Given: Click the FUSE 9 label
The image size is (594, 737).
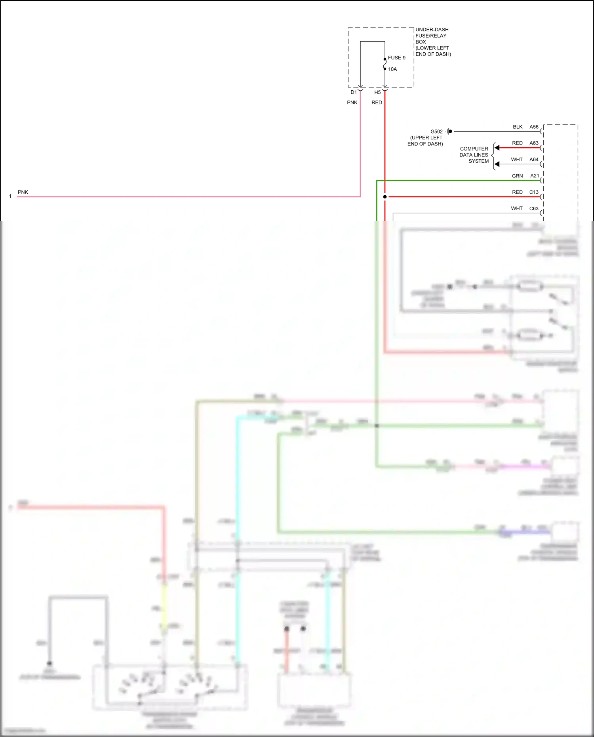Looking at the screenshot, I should (396, 58).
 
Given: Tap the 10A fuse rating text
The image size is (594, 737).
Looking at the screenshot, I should (392, 69).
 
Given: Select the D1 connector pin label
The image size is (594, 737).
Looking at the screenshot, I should (354, 92).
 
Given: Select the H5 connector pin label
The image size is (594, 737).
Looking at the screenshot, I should (377, 92).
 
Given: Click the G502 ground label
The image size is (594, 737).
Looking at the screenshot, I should (436, 131).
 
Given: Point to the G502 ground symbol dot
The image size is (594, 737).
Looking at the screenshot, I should (450, 131).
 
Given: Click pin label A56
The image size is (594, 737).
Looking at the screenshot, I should (534, 127).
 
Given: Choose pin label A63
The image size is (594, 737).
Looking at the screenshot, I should (534, 143).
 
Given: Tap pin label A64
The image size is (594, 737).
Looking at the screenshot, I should (534, 160).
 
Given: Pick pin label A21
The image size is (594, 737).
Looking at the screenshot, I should (535, 176).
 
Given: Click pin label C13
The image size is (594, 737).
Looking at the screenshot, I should (534, 192).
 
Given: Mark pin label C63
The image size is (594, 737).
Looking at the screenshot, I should (534, 208).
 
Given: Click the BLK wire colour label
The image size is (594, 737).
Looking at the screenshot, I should (518, 127).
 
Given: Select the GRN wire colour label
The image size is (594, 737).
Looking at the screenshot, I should (517, 176).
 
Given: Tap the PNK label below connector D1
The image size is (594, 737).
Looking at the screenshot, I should (352, 103).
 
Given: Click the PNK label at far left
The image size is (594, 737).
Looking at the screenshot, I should (23, 192).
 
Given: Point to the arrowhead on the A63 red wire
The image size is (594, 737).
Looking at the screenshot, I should (497, 148).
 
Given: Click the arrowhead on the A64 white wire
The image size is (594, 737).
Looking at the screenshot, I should (497, 164).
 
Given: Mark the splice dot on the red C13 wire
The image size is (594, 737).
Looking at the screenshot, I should (385, 197).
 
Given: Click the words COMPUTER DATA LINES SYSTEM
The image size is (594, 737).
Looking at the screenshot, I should (474, 155).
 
